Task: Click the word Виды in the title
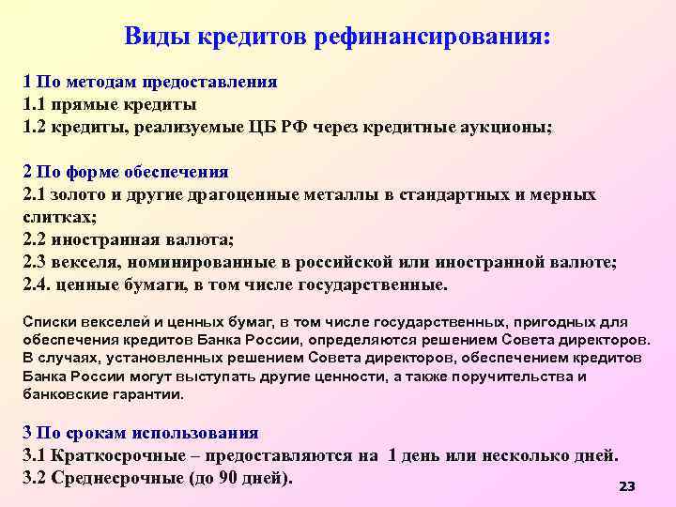157,37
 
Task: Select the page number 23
627,486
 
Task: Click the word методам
98,82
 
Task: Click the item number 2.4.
37,284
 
